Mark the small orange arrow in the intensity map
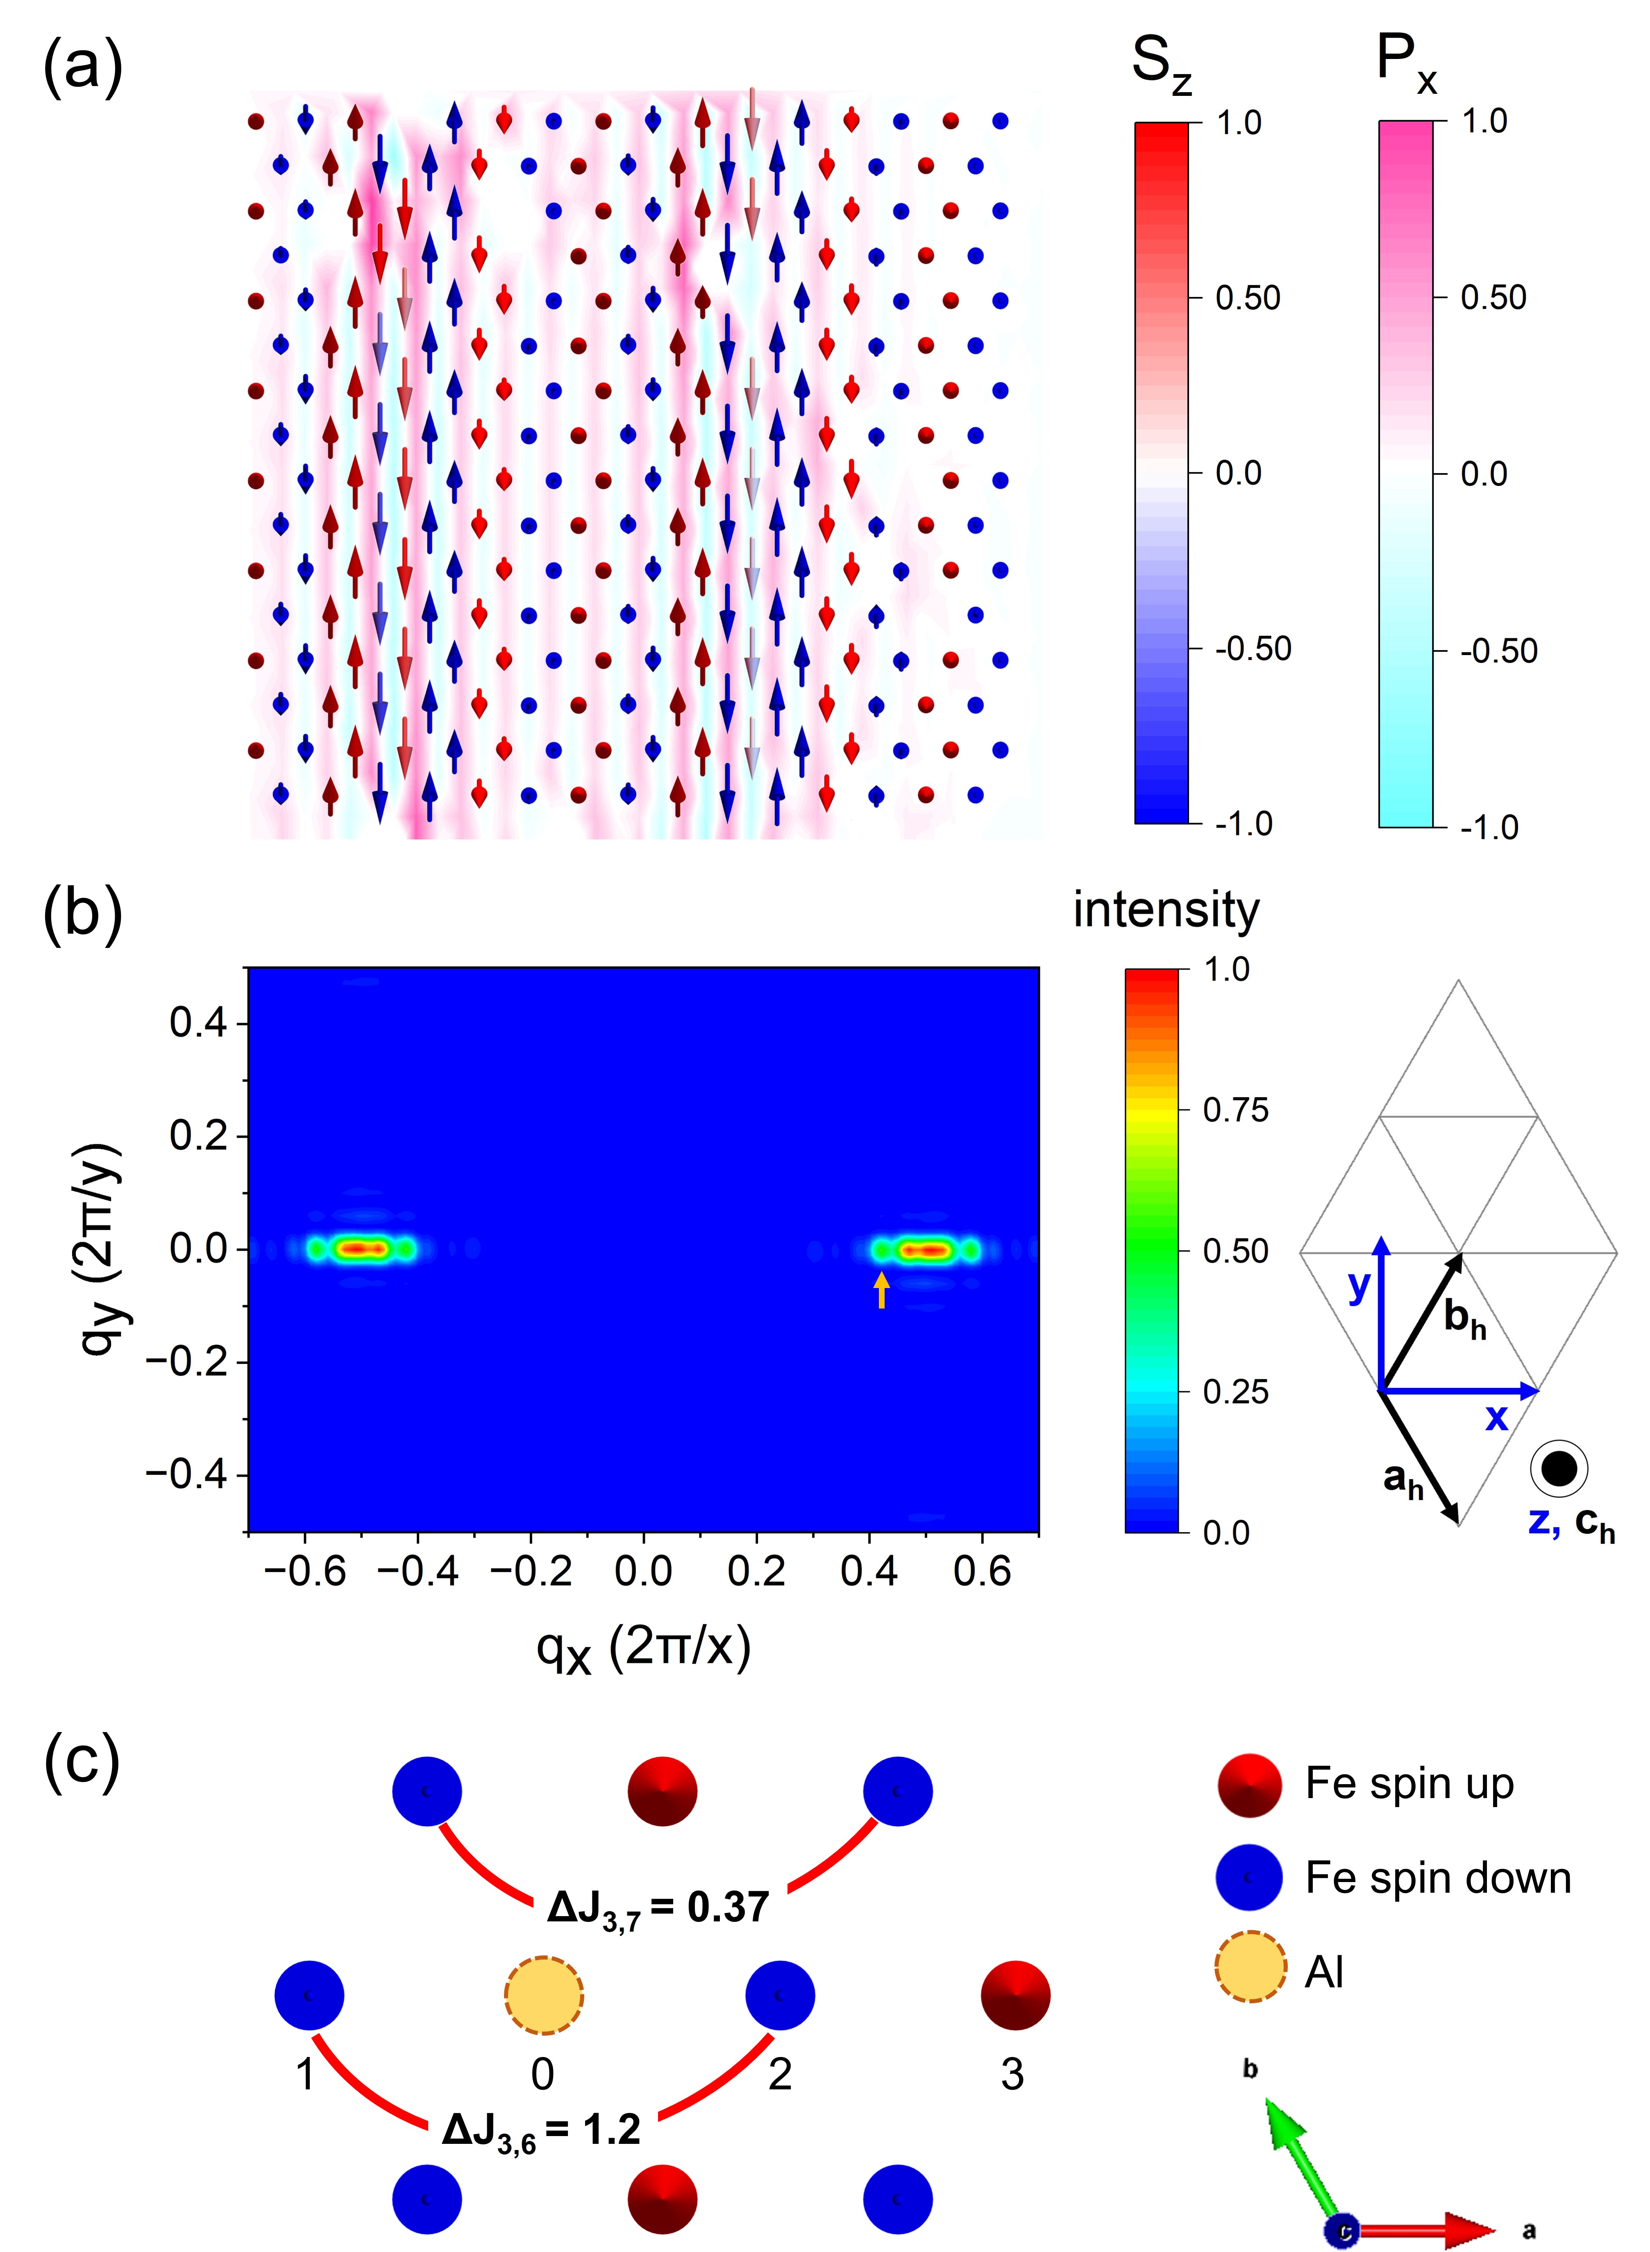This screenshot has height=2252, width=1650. tap(881, 1289)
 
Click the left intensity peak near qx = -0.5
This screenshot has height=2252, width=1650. tap(361, 1248)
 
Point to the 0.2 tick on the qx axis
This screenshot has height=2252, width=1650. tap(756, 1571)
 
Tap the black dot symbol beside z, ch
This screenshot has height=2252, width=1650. tap(1558, 1468)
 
